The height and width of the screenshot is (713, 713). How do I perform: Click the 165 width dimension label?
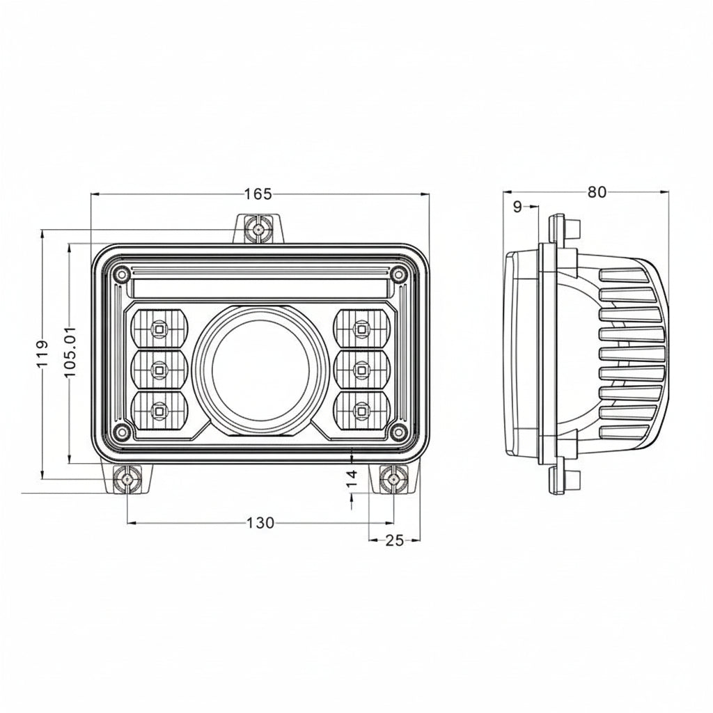click(x=258, y=194)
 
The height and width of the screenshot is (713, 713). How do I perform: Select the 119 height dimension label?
click(x=42, y=354)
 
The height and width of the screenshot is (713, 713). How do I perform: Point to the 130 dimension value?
click(x=260, y=523)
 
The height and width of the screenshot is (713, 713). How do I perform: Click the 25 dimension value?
click(x=394, y=540)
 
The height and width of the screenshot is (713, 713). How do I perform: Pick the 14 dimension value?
click(x=352, y=477)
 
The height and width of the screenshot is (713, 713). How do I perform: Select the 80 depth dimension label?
click(x=597, y=192)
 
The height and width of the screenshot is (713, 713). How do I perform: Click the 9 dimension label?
click(x=517, y=206)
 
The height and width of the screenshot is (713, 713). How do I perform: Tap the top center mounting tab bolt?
click(x=258, y=228)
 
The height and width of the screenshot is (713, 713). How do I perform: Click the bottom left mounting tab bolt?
click(x=127, y=480)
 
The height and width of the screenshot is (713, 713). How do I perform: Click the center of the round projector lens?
click(x=260, y=369)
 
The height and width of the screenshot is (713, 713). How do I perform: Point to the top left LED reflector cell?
click(x=159, y=327)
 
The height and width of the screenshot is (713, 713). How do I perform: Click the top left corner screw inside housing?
click(x=122, y=274)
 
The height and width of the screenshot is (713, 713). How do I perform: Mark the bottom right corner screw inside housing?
click(x=398, y=432)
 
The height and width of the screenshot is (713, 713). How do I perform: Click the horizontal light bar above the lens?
click(x=259, y=288)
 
